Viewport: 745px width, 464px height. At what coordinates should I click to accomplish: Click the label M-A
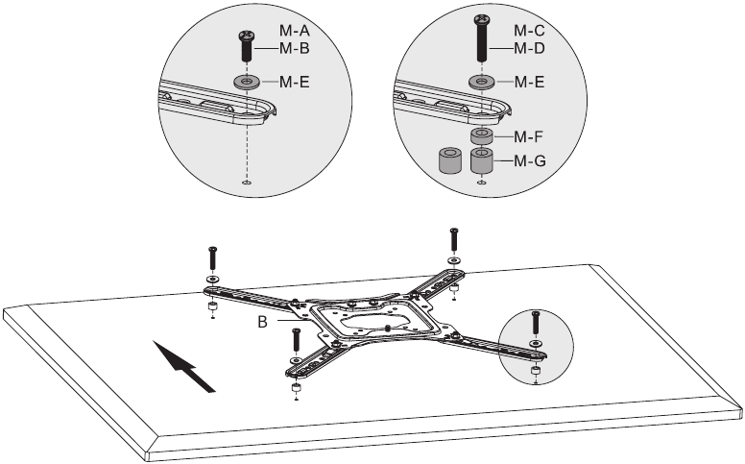[x=294, y=31]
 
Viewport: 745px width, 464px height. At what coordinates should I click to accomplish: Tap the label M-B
[x=294, y=48]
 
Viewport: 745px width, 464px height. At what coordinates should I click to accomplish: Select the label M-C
[x=529, y=31]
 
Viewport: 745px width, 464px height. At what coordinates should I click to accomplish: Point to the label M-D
[x=529, y=48]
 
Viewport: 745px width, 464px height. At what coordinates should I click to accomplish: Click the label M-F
[x=528, y=137]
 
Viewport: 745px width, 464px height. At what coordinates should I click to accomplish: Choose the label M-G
[x=530, y=160]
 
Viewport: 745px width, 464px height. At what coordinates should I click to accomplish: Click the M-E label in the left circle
[x=294, y=82]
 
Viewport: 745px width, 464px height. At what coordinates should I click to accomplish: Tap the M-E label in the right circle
[x=529, y=82]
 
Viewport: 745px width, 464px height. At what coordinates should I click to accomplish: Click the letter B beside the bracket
[x=263, y=322]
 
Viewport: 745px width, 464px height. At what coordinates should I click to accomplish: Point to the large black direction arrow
[x=184, y=366]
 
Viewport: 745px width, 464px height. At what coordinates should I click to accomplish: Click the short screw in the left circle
[x=246, y=46]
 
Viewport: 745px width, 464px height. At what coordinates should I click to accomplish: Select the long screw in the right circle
[x=481, y=38]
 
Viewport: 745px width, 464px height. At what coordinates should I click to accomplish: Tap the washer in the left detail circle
[x=246, y=82]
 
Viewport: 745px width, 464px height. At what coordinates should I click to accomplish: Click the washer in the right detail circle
[x=481, y=82]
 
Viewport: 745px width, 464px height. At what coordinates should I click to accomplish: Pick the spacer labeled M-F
[x=481, y=136]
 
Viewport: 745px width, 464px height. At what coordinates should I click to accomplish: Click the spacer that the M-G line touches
[x=481, y=160]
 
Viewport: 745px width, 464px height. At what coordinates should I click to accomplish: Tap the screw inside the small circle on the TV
[x=536, y=323]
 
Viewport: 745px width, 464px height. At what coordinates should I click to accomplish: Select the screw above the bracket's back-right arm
[x=454, y=240]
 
